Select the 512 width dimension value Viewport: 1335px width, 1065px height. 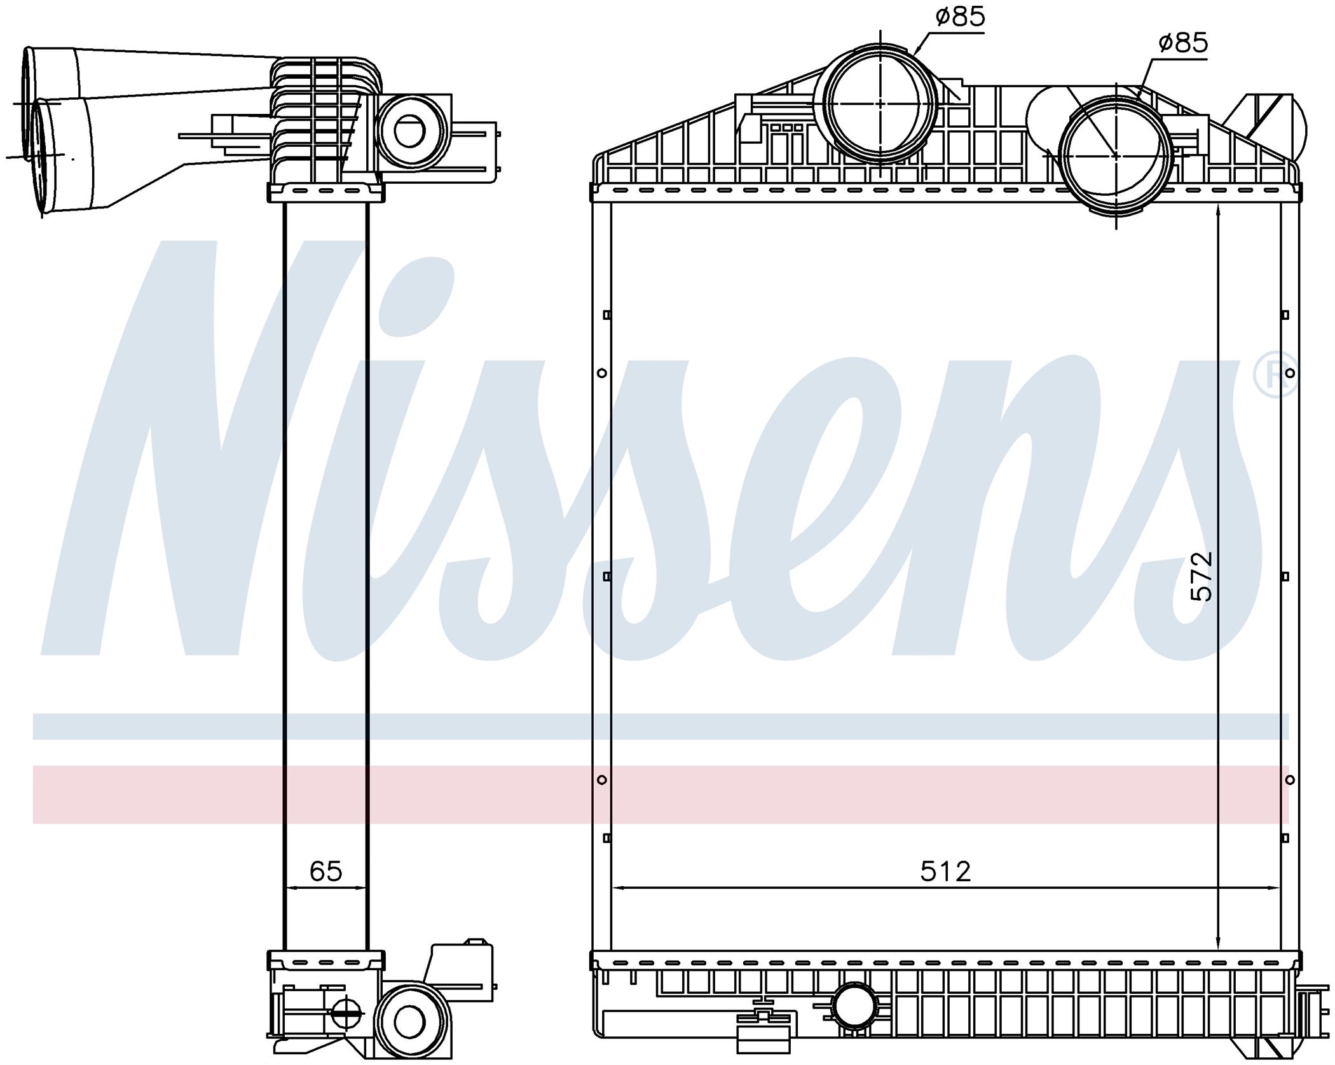pos(946,871)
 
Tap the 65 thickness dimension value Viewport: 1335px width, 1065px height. pos(325,871)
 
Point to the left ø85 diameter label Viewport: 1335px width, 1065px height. pos(960,17)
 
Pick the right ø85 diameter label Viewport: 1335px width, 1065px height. pos(1182,43)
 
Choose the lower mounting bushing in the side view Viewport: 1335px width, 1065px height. pos(409,1022)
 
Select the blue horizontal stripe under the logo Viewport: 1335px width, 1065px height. pos(661,726)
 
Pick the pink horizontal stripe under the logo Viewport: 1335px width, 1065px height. pos(661,795)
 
